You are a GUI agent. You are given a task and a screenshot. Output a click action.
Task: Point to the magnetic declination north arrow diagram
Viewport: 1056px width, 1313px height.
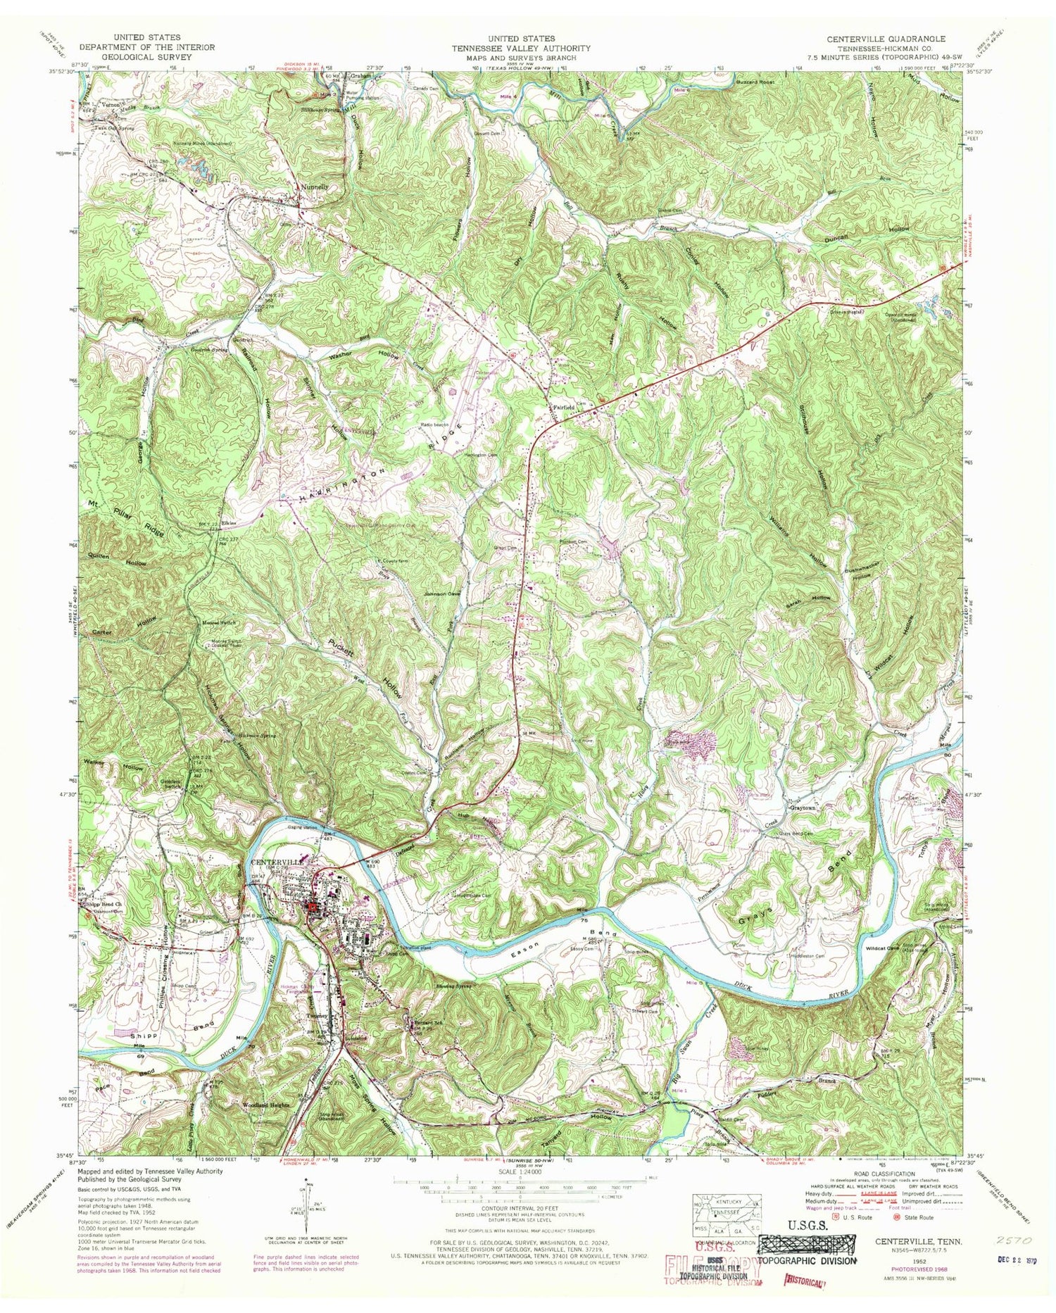(x=306, y=1210)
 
